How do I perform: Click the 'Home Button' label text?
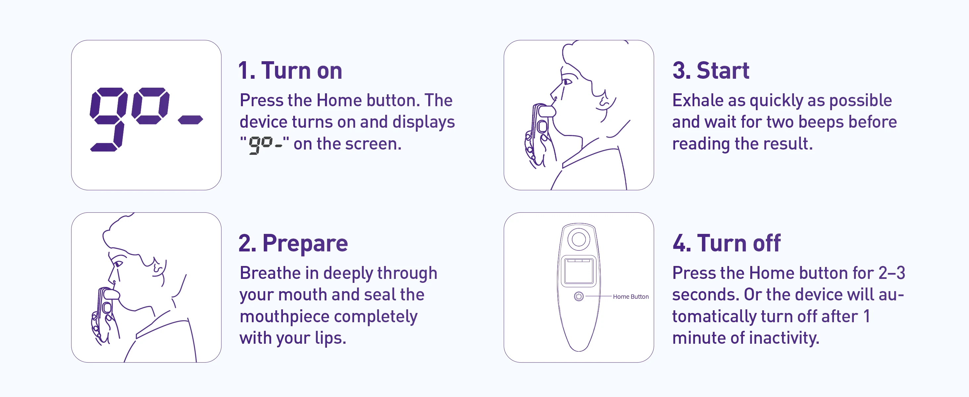coord(631,297)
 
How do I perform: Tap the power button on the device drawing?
coord(578,297)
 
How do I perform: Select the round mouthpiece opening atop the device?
coord(578,240)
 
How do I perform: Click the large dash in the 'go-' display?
coord(190,119)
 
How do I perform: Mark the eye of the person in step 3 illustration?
coord(567,81)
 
